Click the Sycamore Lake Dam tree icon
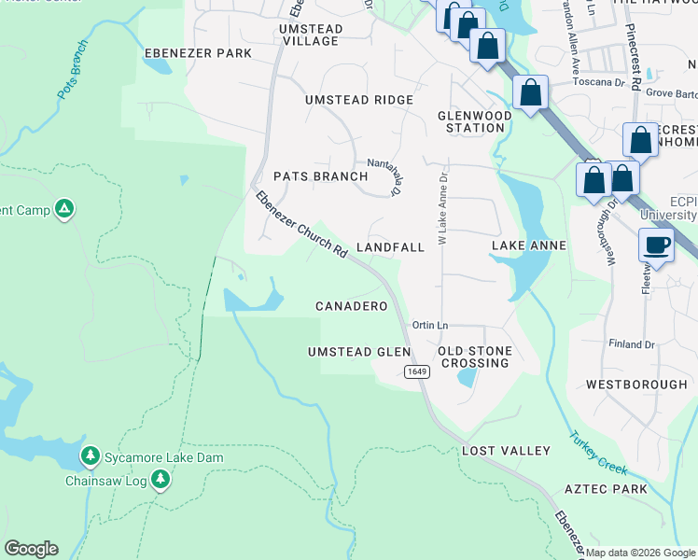[90, 455]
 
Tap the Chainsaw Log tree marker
[161, 480]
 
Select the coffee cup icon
[657, 245]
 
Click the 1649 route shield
[417, 371]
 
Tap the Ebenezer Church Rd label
[300, 225]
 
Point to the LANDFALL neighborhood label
[390, 247]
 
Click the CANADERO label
[351, 306]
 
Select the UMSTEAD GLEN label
[359, 352]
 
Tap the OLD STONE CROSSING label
[475, 357]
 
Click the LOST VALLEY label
[507, 451]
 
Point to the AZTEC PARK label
[606, 489]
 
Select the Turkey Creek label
[599, 454]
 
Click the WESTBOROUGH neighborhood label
[636, 385]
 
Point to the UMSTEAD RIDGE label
[359, 100]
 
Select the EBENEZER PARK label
[197, 53]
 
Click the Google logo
[31, 549]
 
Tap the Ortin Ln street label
[431, 325]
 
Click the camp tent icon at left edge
[63, 209]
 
